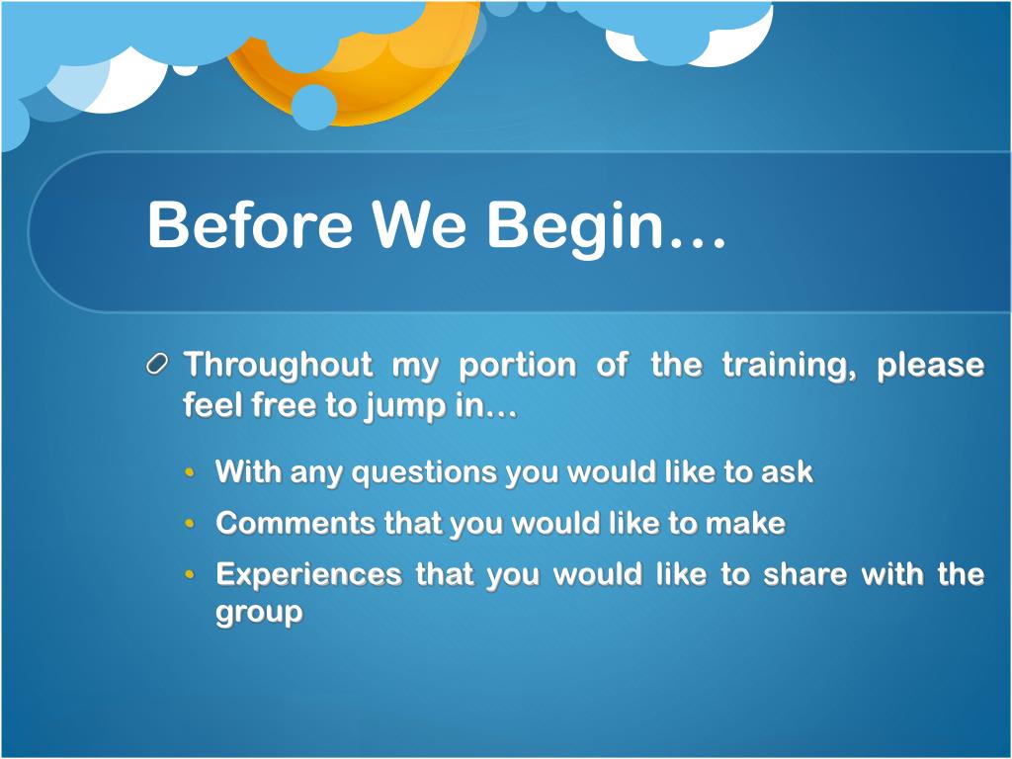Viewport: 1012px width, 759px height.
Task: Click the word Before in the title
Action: tap(250, 223)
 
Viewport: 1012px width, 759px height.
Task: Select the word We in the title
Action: tap(418, 223)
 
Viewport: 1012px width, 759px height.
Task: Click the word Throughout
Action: tap(279, 366)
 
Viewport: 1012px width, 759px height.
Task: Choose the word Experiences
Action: tap(308, 575)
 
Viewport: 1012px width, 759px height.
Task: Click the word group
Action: tap(259, 613)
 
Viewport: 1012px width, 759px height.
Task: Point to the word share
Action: tap(804, 574)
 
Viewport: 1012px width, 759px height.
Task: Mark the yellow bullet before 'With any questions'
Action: tap(189, 471)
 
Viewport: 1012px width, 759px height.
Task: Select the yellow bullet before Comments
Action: tap(189, 523)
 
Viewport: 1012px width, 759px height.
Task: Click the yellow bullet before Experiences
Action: tap(189, 574)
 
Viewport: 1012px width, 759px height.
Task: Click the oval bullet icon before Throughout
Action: tap(157, 365)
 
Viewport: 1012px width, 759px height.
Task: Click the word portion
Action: tap(517, 366)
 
